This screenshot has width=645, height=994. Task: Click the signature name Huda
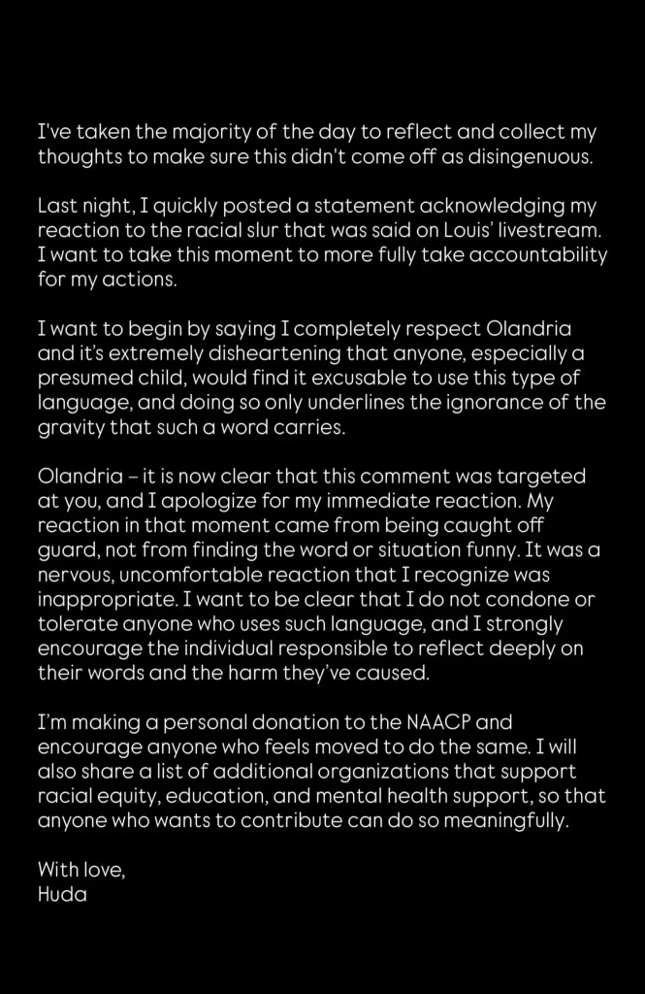(x=62, y=895)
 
